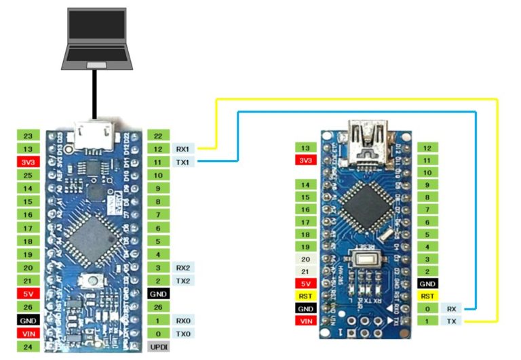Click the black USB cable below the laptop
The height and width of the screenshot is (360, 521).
[95, 95]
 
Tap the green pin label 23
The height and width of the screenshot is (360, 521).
[28, 136]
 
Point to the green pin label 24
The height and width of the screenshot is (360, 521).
[28, 347]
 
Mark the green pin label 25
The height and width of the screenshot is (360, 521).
[28, 176]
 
